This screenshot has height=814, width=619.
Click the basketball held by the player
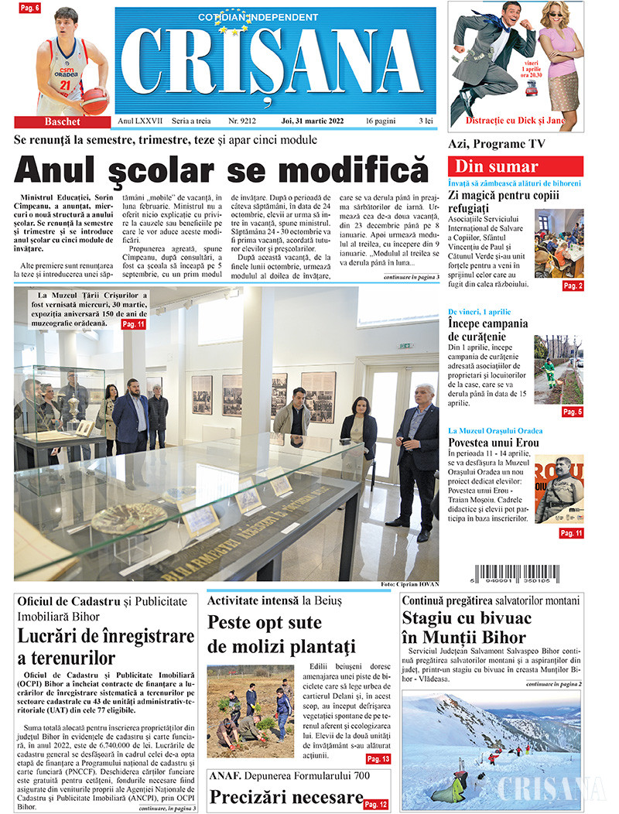pos(94,100)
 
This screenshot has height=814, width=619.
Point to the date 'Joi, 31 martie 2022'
pos(315,121)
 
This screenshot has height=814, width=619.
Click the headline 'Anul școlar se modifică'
pos(221,169)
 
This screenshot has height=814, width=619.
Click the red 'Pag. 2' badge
pos(573,286)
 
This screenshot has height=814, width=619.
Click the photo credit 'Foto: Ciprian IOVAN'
pos(409,583)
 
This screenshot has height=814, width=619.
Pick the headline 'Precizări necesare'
pos(286,797)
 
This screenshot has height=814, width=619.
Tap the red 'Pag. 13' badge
pos(378,759)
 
